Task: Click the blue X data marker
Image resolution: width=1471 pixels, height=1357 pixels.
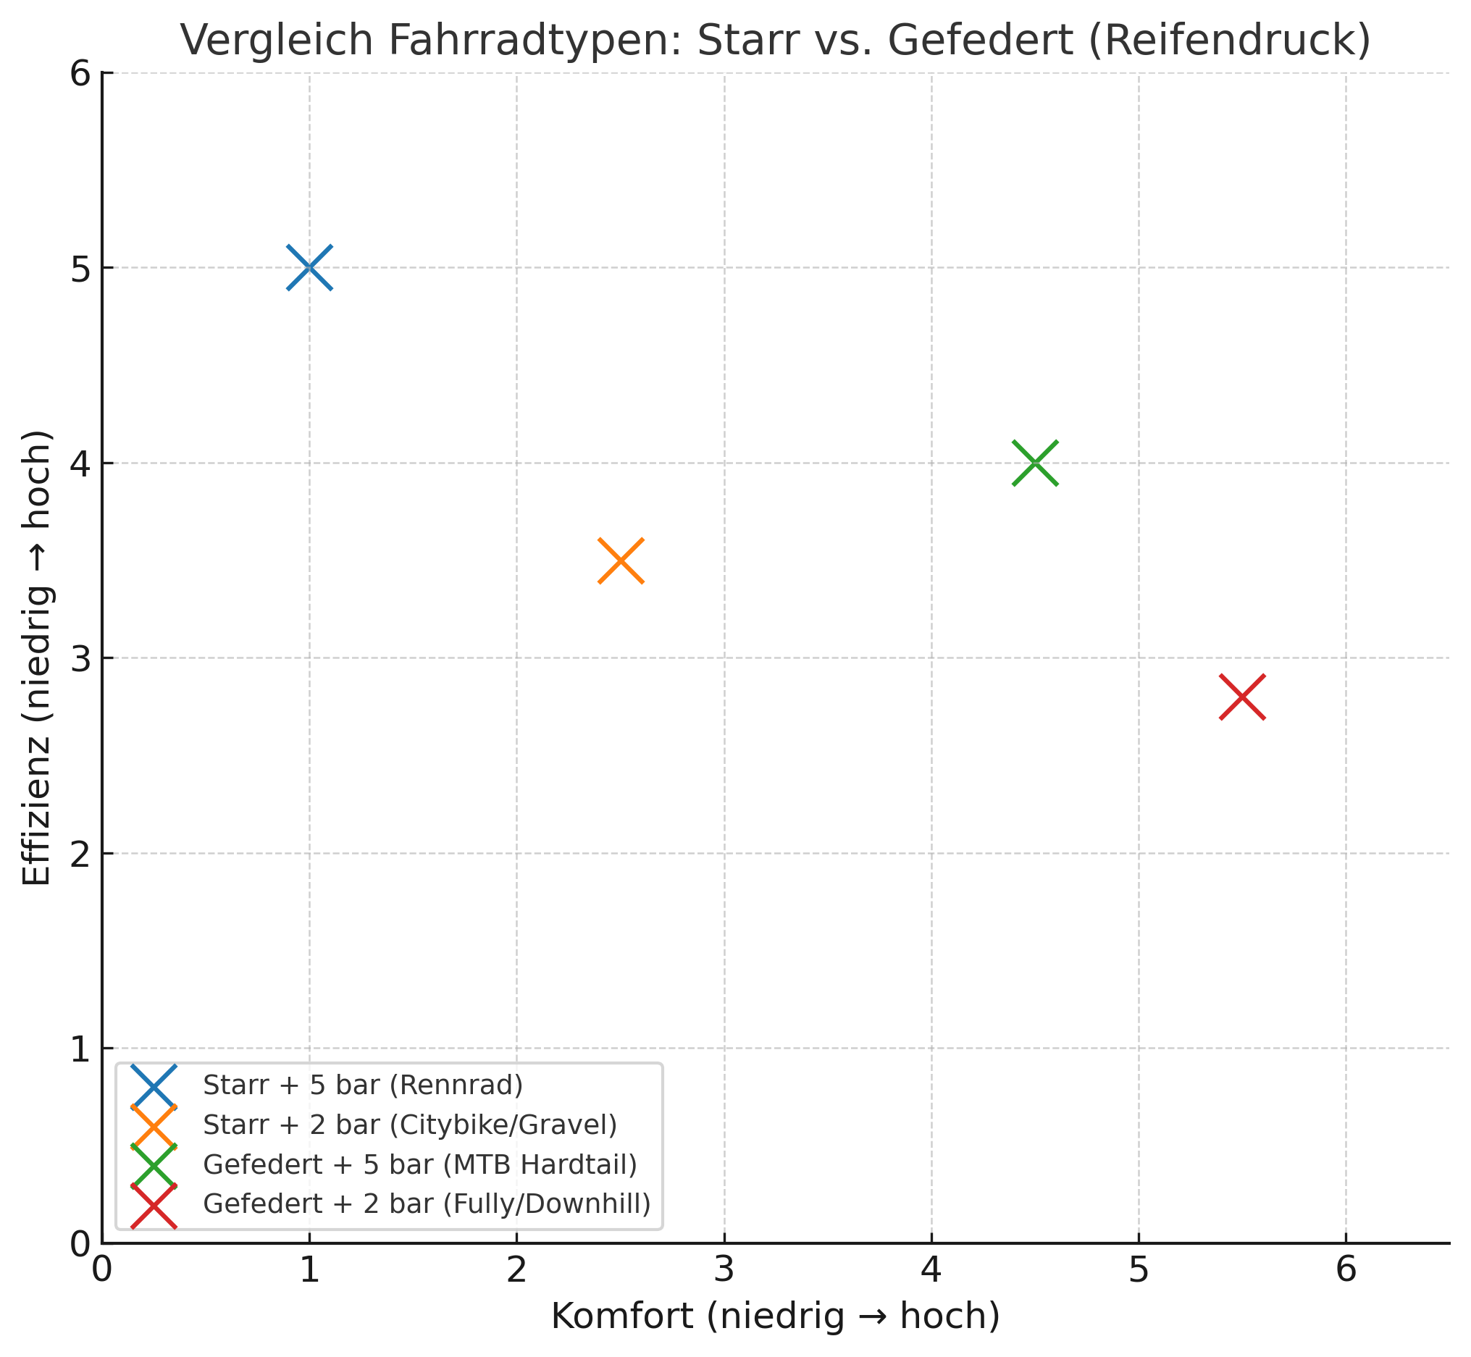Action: [309, 267]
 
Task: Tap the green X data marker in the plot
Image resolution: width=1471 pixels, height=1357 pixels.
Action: [1035, 463]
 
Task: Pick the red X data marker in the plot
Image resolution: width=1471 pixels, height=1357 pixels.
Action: [1242, 696]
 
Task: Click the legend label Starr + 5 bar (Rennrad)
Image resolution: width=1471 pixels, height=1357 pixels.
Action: [363, 1085]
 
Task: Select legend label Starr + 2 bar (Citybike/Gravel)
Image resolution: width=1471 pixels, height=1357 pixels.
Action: [410, 1125]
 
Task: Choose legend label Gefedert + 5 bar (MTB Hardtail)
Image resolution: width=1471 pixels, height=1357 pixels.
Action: [419, 1164]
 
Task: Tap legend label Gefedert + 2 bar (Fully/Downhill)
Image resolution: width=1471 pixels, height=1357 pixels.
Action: [427, 1204]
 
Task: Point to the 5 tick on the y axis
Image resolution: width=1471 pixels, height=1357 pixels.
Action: [78, 269]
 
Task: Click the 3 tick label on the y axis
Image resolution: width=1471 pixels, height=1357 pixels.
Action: [78, 659]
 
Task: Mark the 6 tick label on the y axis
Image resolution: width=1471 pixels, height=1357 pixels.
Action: [78, 74]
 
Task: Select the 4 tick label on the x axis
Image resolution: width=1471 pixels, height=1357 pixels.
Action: [931, 1271]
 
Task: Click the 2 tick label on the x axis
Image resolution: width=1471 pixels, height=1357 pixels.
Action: [516, 1271]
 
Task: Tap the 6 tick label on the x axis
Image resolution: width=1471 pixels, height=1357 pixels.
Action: [1346, 1271]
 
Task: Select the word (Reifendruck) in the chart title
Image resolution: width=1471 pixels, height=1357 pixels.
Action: [1228, 41]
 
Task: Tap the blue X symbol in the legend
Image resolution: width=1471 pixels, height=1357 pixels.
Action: [154, 1085]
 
